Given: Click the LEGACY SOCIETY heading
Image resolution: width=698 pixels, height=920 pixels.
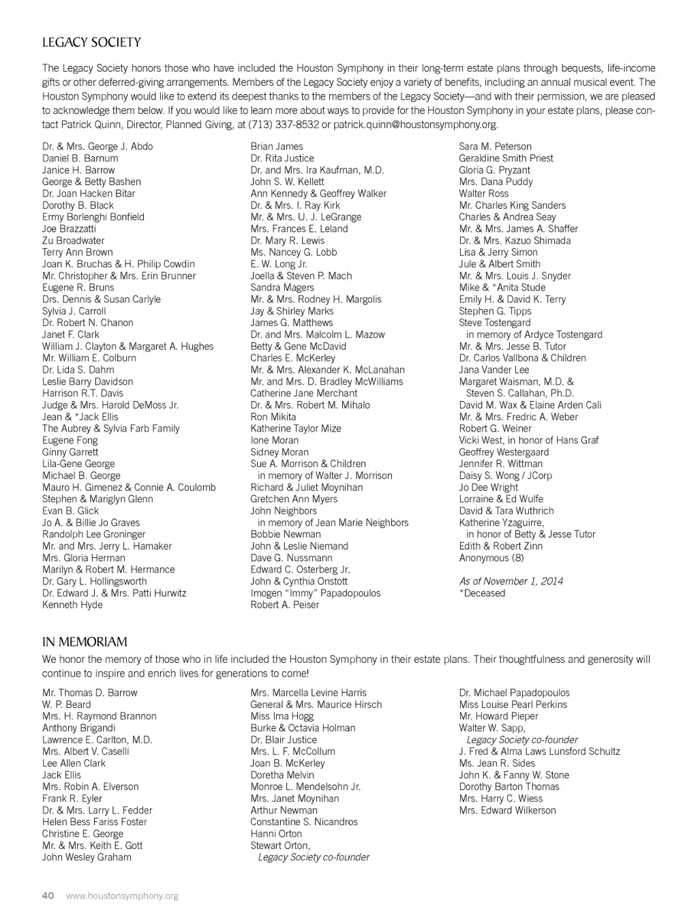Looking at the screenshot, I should tap(91, 42).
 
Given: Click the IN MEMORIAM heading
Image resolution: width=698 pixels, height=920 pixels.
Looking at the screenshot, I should tap(85, 642).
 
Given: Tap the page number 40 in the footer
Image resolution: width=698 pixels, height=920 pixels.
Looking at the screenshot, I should tap(48, 895).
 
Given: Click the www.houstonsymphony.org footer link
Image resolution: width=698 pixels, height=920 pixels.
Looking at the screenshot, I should tap(122, 895).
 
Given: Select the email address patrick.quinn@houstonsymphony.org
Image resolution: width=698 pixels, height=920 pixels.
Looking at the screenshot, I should tap(415, 125).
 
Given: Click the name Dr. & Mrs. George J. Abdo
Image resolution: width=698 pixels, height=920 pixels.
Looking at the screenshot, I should tap(97, 147).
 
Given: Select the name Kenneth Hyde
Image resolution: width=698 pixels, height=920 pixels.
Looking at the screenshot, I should tap(72, 605).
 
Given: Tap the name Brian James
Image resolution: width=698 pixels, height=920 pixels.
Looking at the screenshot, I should tap(277, 147).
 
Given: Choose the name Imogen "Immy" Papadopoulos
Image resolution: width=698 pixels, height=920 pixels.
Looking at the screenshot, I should tap(316, 593).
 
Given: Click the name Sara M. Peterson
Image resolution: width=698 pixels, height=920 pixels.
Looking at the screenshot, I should tap(495, 147).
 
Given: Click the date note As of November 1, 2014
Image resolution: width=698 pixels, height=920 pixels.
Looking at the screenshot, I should tap(511, 581).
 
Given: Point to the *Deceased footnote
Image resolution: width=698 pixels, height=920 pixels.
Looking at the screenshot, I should tap(482, 593).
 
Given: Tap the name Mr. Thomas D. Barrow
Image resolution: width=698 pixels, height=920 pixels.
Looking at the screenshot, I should tap(90, 693).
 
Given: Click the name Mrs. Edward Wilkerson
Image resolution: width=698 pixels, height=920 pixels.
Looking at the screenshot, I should tap(508, 810).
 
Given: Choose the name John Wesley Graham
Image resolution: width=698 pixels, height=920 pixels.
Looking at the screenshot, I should tap(87, 857).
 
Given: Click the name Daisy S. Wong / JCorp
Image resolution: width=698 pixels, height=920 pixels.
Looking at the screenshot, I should tap(506, 475).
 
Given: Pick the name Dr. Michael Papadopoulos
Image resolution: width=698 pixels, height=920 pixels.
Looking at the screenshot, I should tap(515, 693).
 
